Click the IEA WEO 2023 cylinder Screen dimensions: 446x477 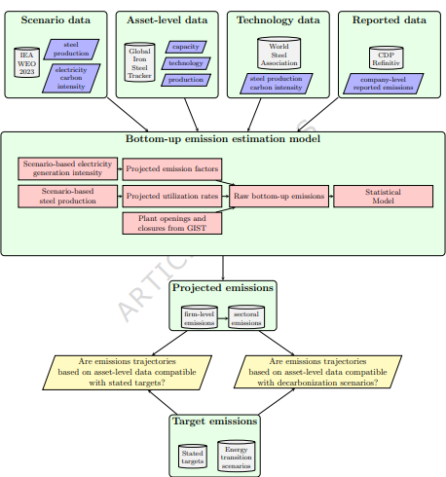click(27, 62)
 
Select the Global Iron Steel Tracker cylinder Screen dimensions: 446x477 click(139, 62)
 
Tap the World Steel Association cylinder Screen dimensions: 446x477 click(279, 54)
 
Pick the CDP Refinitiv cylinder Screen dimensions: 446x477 click(387, 58)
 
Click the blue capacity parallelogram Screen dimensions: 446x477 click(186, 47)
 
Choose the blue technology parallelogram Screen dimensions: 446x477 click(186, 63)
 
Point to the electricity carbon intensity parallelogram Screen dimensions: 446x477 click(71, 78)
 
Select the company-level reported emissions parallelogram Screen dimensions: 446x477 click(384, 84)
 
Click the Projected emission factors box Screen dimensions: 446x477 click(172, 169)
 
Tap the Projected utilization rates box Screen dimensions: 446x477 click(172, 196)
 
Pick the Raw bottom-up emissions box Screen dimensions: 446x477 click(279, 196)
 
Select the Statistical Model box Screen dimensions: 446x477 click(383, 196)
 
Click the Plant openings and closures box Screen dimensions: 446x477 click(172, 223)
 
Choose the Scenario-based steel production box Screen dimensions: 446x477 click(68, 196)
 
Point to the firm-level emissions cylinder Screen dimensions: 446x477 click(200, 317)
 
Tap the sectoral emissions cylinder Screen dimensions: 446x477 click(246, 317)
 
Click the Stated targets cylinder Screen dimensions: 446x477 click(193, 457)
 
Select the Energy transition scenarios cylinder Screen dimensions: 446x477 click(237, 456)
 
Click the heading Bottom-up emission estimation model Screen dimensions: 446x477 click(223, 139)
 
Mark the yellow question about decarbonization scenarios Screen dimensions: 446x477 click(317, 372)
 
